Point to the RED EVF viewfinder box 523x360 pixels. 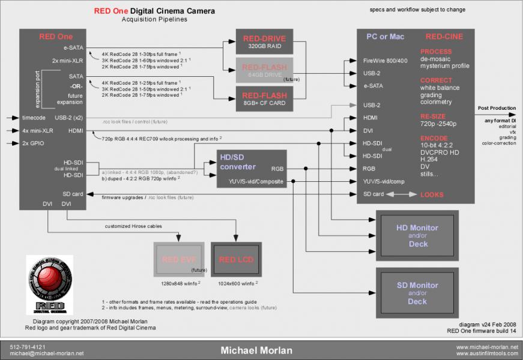coord(178,259)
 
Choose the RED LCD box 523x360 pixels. coord(236,259)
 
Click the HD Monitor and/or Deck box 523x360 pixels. coord(417,235)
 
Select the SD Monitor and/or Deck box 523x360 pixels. coord(417,293)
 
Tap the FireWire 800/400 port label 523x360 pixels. coord(385,61)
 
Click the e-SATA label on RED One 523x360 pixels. coord(74,47)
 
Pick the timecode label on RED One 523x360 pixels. coord(34,118)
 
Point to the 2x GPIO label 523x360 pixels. coord(33,143)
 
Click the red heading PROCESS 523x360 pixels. coord(437,52)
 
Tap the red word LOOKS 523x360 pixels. coord(432,194)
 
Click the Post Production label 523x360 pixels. coord(497,108)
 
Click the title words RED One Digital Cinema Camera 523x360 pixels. coord(154,11)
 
